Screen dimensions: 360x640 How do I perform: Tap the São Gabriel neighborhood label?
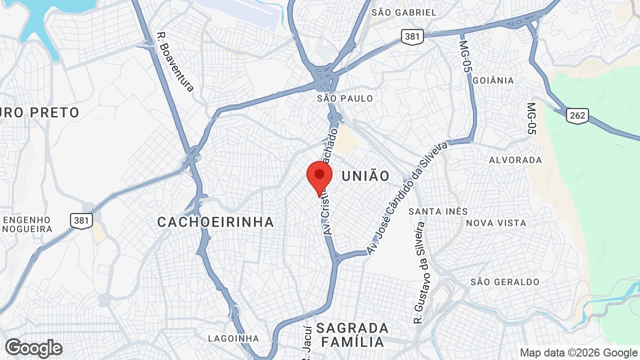point(404,12)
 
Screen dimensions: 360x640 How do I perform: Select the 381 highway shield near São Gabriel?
point(412,36)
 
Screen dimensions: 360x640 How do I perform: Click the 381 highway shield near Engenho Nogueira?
point(81,220)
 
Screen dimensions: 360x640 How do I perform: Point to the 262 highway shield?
point(577,116)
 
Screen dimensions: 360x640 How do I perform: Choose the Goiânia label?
point(493,80)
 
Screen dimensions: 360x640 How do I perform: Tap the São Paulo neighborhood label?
point(345,98)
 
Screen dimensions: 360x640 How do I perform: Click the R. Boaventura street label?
point(175,62)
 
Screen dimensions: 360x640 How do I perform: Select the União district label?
point(365,176)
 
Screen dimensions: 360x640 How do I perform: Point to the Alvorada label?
point(515,160)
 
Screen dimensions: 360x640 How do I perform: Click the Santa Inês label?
point(438,211)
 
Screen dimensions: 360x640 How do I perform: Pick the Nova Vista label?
point(496,223)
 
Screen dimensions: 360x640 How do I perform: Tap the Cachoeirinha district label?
point(215,222)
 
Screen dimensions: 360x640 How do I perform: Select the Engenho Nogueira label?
point(27,224)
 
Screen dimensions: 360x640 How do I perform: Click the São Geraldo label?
point(505,282)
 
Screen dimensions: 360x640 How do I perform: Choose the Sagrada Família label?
point(352,335)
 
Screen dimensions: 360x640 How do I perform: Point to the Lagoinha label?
point(233,338)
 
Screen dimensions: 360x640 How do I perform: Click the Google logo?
point(33,348)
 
